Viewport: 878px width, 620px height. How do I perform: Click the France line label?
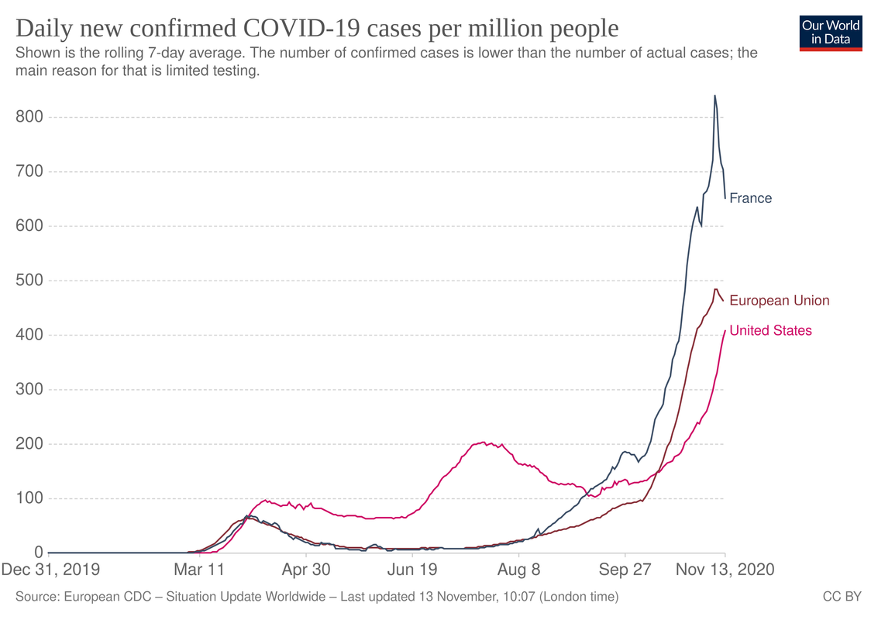(x=750, y=198)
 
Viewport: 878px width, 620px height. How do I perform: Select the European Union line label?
(x=779, y=301)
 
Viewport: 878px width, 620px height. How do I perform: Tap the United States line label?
(x=770, y=331)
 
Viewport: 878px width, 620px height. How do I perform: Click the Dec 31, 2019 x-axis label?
(x=50, y=570)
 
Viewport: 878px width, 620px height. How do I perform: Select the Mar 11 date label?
(x=199, y=570)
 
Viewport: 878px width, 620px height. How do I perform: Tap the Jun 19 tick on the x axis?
(x=411, y=570)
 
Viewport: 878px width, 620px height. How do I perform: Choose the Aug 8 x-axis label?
(x=518, y=570)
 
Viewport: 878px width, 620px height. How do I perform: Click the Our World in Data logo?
(x=831, y=32)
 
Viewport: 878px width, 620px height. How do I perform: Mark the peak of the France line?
(x=714, y=95)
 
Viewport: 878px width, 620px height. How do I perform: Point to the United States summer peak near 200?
(x=484, y=443)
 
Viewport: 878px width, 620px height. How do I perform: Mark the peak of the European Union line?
(x=716, y=289)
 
